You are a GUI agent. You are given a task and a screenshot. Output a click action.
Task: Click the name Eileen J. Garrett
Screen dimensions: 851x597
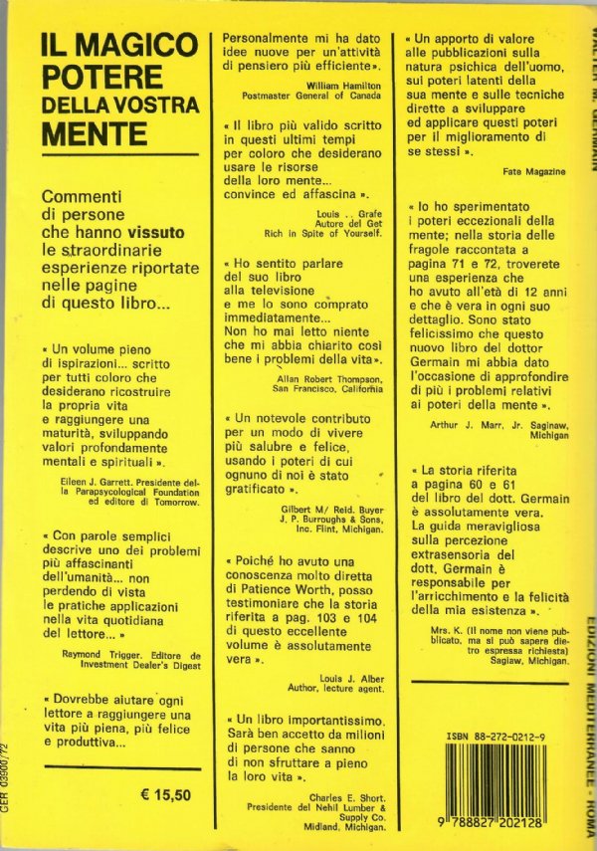point(91,479)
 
